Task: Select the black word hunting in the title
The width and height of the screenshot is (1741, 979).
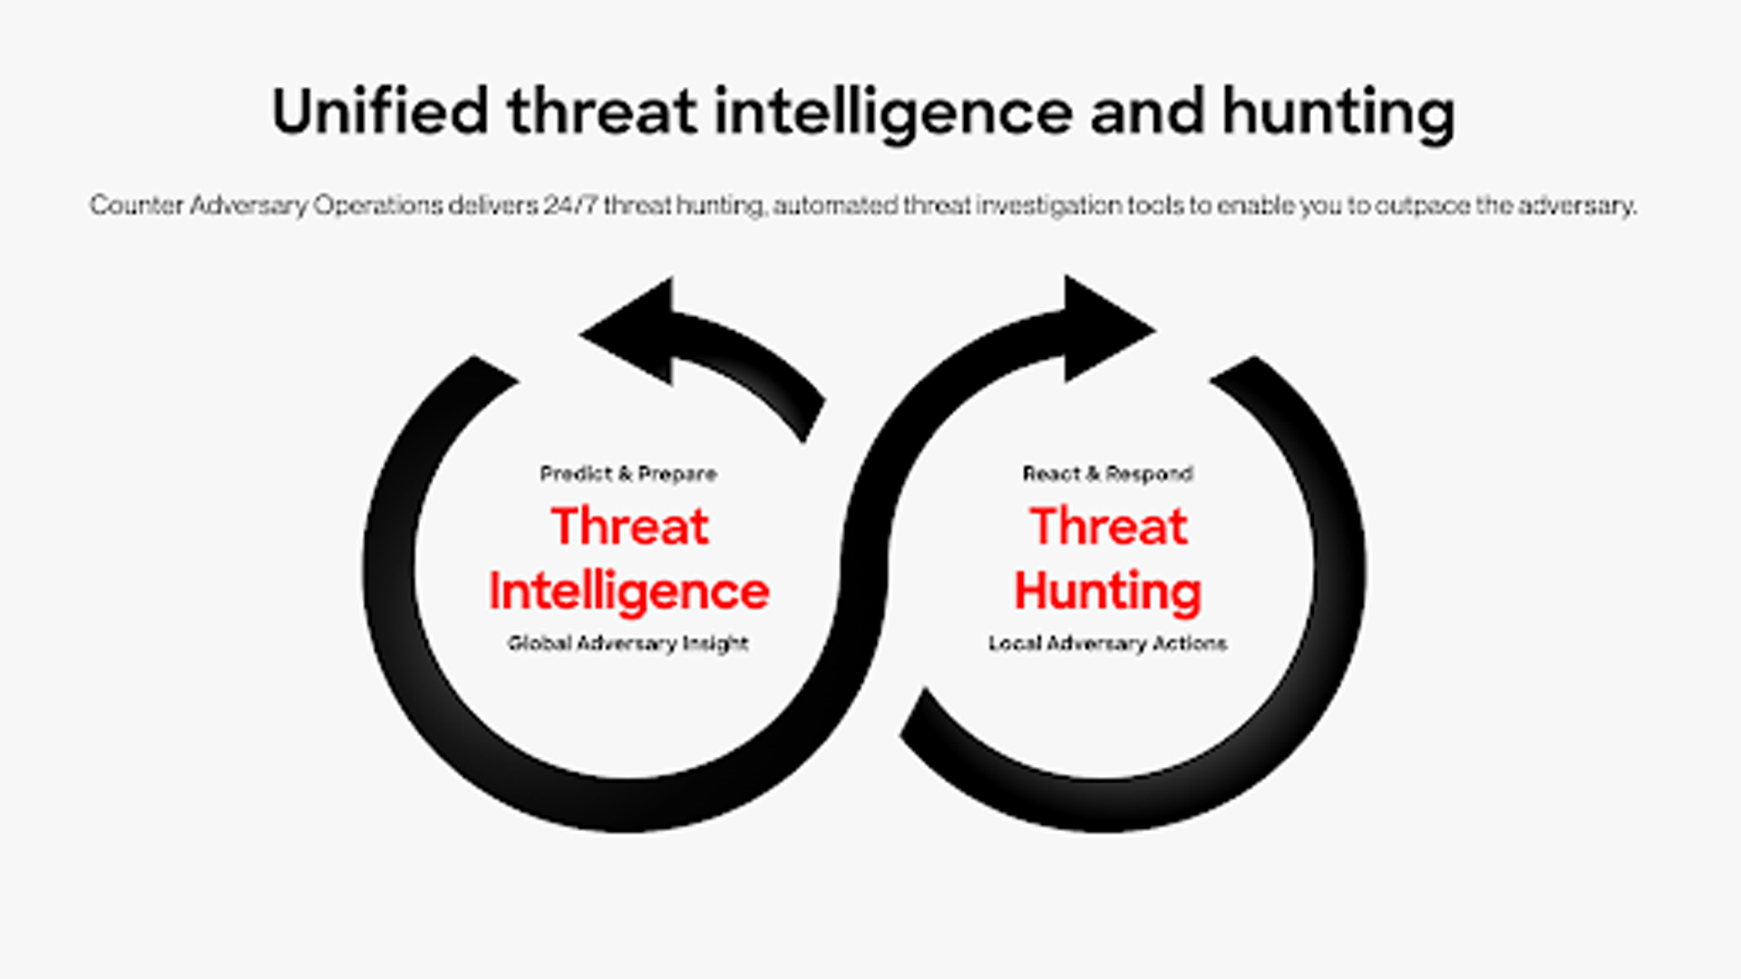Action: pos(1338,114)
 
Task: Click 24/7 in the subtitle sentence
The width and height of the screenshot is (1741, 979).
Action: pos(570,205)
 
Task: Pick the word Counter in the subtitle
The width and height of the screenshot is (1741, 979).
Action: pos(136,205)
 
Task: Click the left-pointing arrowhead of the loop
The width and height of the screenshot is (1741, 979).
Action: pos(627,331)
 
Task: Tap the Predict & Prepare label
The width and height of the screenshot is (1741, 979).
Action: pos(628,473)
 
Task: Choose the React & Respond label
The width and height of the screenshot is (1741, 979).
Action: pos(1108,473)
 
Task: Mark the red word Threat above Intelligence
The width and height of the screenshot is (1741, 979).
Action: pos(629,526)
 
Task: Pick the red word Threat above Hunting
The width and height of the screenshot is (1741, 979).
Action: pos(1108,526)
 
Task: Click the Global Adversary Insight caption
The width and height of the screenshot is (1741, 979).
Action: pos(628,644)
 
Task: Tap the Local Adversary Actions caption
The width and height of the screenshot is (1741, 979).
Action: pos(1107,644)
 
